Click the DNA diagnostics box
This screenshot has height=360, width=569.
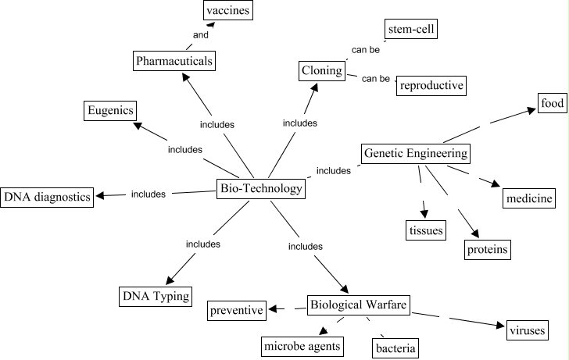[x=47, y=197]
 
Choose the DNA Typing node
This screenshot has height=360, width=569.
[x=155, y=297]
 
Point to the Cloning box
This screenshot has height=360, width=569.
[x=322, y=71]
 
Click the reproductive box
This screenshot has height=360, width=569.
[x=431, y=85]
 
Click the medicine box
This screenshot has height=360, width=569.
[x=528, y=198]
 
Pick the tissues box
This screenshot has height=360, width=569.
[x=426, y=230]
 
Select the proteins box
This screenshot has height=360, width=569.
[x=487, y=249]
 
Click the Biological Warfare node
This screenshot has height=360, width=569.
[x=358, y=305]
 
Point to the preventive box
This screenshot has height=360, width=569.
[x=236, y=311]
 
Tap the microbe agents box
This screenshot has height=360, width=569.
[x=302, y=345]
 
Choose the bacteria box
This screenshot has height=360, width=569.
[x=395, y=347]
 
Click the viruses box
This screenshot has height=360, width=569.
[x=525, y=330]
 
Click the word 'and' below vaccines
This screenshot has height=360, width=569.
[x=201, y=36]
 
